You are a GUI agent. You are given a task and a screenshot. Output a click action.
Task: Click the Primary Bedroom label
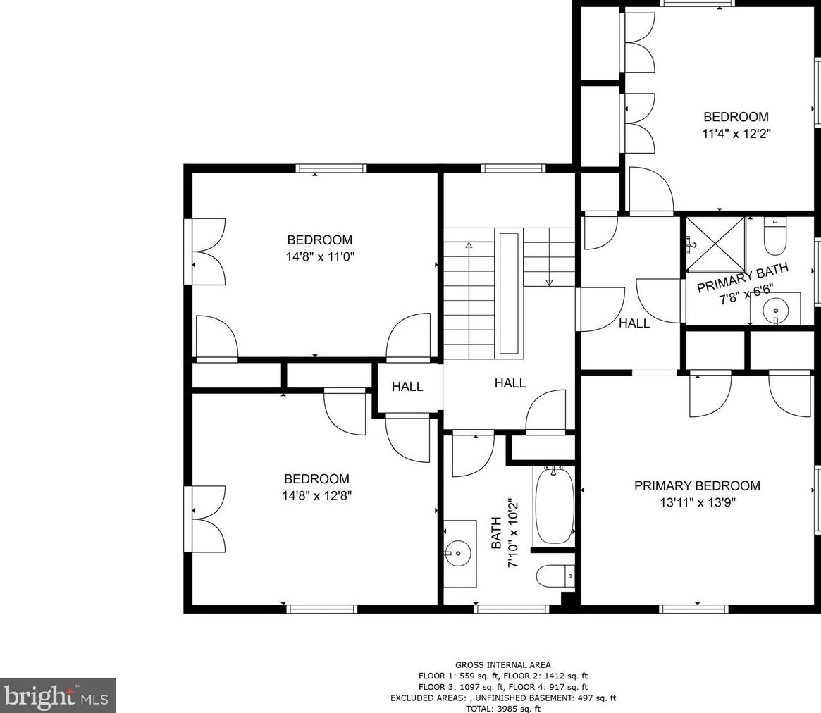click(x=697, y=486)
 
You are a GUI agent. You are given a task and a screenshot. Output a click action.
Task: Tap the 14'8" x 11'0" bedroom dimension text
click(x=321, y=257)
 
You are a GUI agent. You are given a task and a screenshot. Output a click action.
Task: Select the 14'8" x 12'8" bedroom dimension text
click(x=317, y=496)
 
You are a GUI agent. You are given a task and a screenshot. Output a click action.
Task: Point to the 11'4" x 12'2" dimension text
click(x=736, y=134)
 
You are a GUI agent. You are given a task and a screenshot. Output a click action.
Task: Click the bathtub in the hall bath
click(x=554, y=505)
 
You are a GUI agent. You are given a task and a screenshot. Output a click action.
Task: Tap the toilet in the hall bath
click(x=555, y=576)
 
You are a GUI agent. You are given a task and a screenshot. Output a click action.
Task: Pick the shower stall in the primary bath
click(x=715, y=244)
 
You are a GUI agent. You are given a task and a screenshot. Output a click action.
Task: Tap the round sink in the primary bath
click(x=776, y=311)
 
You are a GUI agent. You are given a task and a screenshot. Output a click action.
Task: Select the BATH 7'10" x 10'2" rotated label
click(x=505, y=533)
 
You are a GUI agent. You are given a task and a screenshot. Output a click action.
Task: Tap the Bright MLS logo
click(x=57, y=695)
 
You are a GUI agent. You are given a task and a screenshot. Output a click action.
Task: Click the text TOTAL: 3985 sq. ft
click(x=503, y=709)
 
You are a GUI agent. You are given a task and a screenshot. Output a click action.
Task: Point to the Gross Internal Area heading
click(x=502, y=665)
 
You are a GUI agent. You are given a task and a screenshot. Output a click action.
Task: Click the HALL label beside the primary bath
click(x=634, y=323)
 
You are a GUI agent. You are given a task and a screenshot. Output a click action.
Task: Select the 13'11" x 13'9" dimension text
click(x=698, y=503)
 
